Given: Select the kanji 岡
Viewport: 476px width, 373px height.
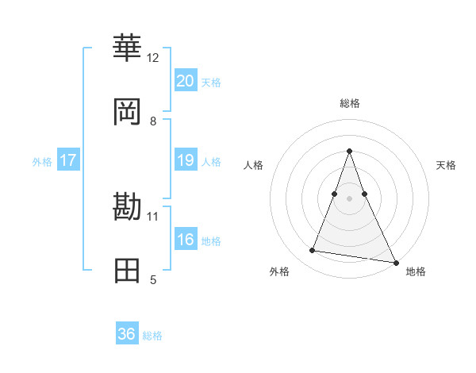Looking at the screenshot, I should point(127,112).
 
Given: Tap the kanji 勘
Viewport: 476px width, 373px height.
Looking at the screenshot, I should point(127,207).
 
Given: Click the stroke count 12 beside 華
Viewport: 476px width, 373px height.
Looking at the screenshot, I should point(153,58).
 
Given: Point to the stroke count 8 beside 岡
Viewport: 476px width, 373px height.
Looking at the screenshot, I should point(153,121).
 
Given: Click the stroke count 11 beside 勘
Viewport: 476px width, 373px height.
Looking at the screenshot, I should point(153,216).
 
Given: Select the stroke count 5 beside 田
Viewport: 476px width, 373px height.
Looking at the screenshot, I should point(153,279).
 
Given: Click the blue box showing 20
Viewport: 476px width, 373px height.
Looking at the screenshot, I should point(185,80).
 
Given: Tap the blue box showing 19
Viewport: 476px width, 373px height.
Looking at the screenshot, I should point(185,160).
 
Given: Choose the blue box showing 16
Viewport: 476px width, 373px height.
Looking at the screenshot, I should point(185,240).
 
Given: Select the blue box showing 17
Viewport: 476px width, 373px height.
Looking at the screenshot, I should point(68,160).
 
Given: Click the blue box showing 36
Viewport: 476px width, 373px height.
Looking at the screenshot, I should point(127,334).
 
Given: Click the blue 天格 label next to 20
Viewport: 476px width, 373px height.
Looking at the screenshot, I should point(211,82).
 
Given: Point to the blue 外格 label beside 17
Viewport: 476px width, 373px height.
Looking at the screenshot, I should point(42,161).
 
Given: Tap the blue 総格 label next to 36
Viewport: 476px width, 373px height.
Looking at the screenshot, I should point(152,336).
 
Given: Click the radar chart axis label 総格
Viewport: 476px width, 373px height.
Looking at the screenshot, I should point(349,104).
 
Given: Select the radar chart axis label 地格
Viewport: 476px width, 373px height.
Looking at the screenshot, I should point(416,271).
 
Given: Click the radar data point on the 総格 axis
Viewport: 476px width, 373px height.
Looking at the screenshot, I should point(349,151).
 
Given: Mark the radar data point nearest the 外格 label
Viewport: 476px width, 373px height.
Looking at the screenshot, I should point(313,251).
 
